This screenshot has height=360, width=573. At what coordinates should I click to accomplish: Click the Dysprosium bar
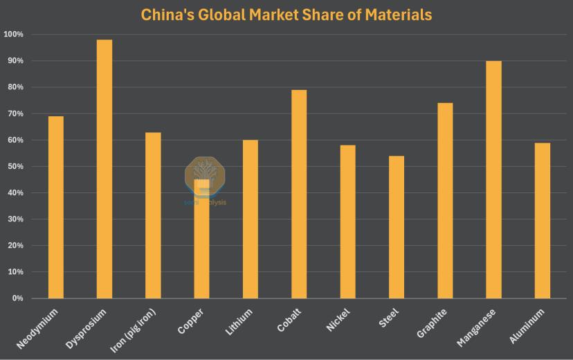104,169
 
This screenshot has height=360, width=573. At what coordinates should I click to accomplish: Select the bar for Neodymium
56,207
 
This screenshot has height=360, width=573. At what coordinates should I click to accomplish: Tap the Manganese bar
493,179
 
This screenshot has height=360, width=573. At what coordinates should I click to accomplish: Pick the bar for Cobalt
299,194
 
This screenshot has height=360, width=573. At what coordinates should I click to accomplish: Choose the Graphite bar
445,201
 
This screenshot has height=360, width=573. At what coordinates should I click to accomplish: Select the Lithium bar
251,219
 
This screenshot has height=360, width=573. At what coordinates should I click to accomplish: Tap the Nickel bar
348,222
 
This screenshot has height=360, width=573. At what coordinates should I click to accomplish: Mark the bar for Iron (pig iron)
153,215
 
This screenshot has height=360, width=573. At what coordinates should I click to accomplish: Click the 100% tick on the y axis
13,35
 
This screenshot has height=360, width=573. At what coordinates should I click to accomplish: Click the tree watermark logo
204,174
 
